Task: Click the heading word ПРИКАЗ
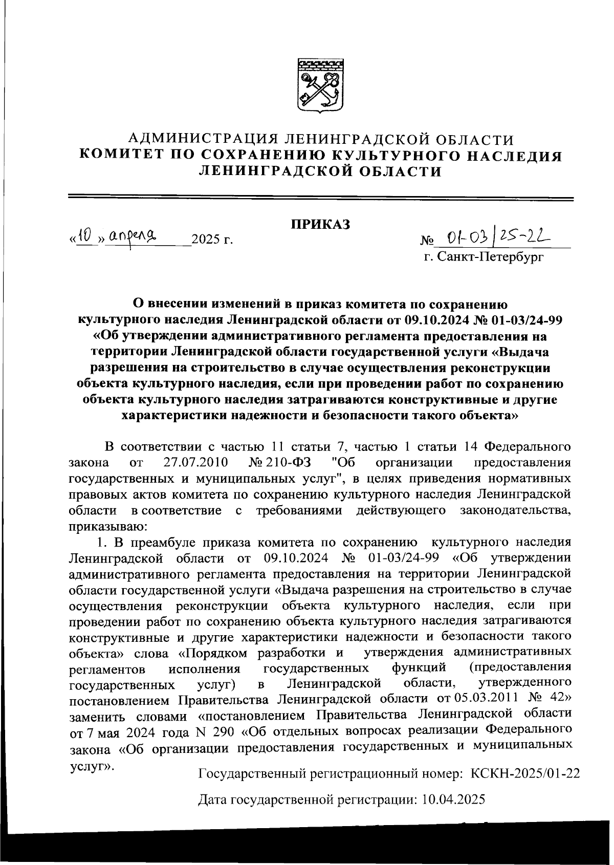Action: pos(321,224)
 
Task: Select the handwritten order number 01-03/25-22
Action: pos(495,236)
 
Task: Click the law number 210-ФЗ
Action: pos(288,463)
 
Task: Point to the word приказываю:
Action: pos(108,526)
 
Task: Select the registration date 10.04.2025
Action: pos(453,799)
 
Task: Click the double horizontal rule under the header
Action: pos(321,198)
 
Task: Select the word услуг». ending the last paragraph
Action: pos(92,766)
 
